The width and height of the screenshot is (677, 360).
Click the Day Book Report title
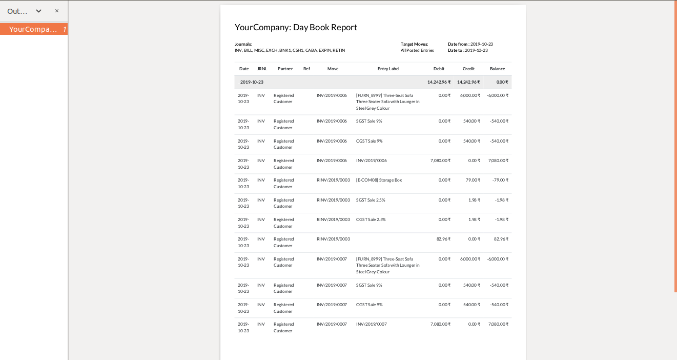(296, 28)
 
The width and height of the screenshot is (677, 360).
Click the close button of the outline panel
(57, 11)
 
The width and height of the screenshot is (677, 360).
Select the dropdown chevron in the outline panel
(38, 11)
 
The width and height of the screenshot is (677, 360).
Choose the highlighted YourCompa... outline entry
(33, 29)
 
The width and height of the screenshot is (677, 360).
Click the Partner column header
(285, 69)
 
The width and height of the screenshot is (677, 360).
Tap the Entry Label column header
(388, 69)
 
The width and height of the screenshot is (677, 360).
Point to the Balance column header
(497, 69)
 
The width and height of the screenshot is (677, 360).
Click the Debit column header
(439, 69)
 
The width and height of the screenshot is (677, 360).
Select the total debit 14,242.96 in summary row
(439, 82)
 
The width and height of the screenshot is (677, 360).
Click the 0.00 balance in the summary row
(502, 82)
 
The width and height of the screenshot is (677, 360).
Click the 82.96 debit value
(443, 239)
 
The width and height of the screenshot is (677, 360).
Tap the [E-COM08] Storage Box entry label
(379, 180)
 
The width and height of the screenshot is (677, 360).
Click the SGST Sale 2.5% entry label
(371, 200)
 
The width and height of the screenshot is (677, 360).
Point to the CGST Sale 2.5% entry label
(371, 219)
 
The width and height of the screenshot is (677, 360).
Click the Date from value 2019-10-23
(481, 44)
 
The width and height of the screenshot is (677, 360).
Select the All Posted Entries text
(417, 50)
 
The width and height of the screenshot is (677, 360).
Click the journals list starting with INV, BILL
(290, 50)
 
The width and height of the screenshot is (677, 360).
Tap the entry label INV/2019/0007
(372, 324)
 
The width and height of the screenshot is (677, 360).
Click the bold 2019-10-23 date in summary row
(252, 82)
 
